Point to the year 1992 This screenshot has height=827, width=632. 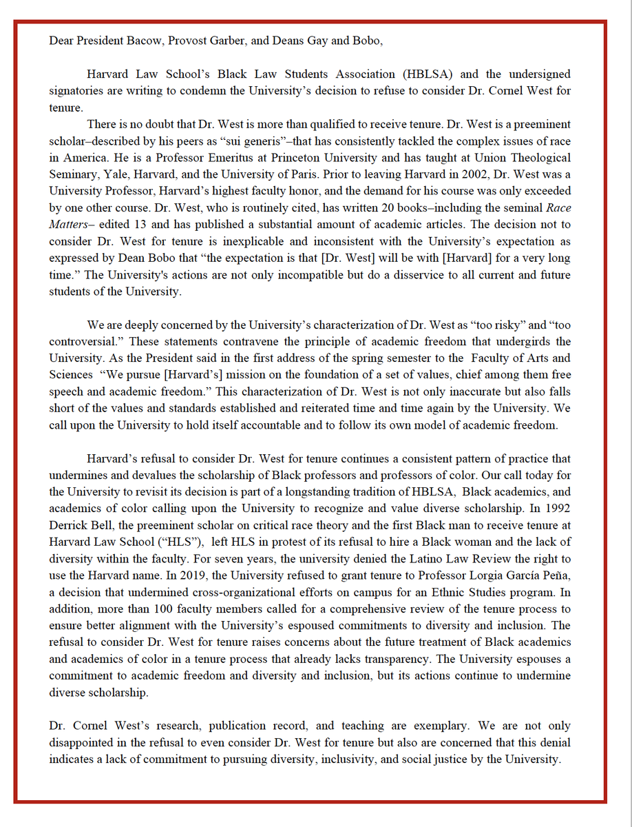click(556, 509)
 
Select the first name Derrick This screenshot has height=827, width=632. click(67, 525)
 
